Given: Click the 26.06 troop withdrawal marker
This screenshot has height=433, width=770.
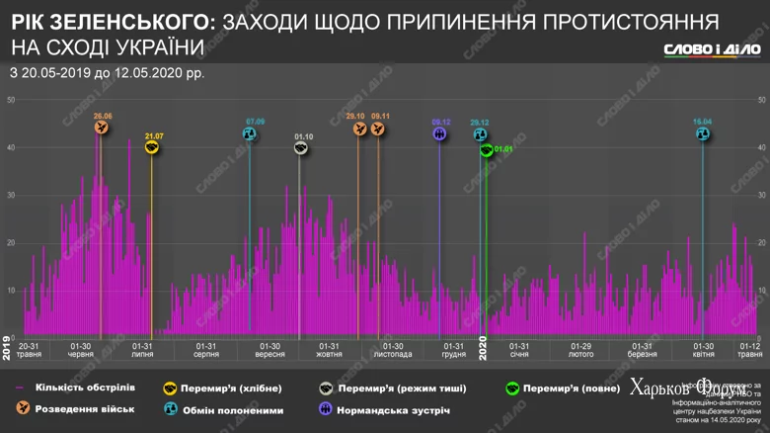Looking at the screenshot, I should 102,128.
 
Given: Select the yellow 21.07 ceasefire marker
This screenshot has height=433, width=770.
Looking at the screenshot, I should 152,147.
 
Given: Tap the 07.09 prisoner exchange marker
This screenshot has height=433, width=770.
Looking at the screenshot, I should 250,133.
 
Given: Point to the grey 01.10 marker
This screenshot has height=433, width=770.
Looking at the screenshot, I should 301,147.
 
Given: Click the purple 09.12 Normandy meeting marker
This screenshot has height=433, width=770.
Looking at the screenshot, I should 440,133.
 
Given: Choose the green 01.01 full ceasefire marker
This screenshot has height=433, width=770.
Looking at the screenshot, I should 486,150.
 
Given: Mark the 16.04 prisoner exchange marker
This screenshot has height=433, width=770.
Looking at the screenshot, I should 702,133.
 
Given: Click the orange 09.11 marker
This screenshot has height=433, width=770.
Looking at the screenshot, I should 379,128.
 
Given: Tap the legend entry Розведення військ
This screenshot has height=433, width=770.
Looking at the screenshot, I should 84,409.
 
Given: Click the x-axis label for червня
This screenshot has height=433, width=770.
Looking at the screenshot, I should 81,350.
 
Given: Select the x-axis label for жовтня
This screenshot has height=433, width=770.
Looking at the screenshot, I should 329,350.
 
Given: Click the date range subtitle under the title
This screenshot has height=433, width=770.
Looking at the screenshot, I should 110,72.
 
